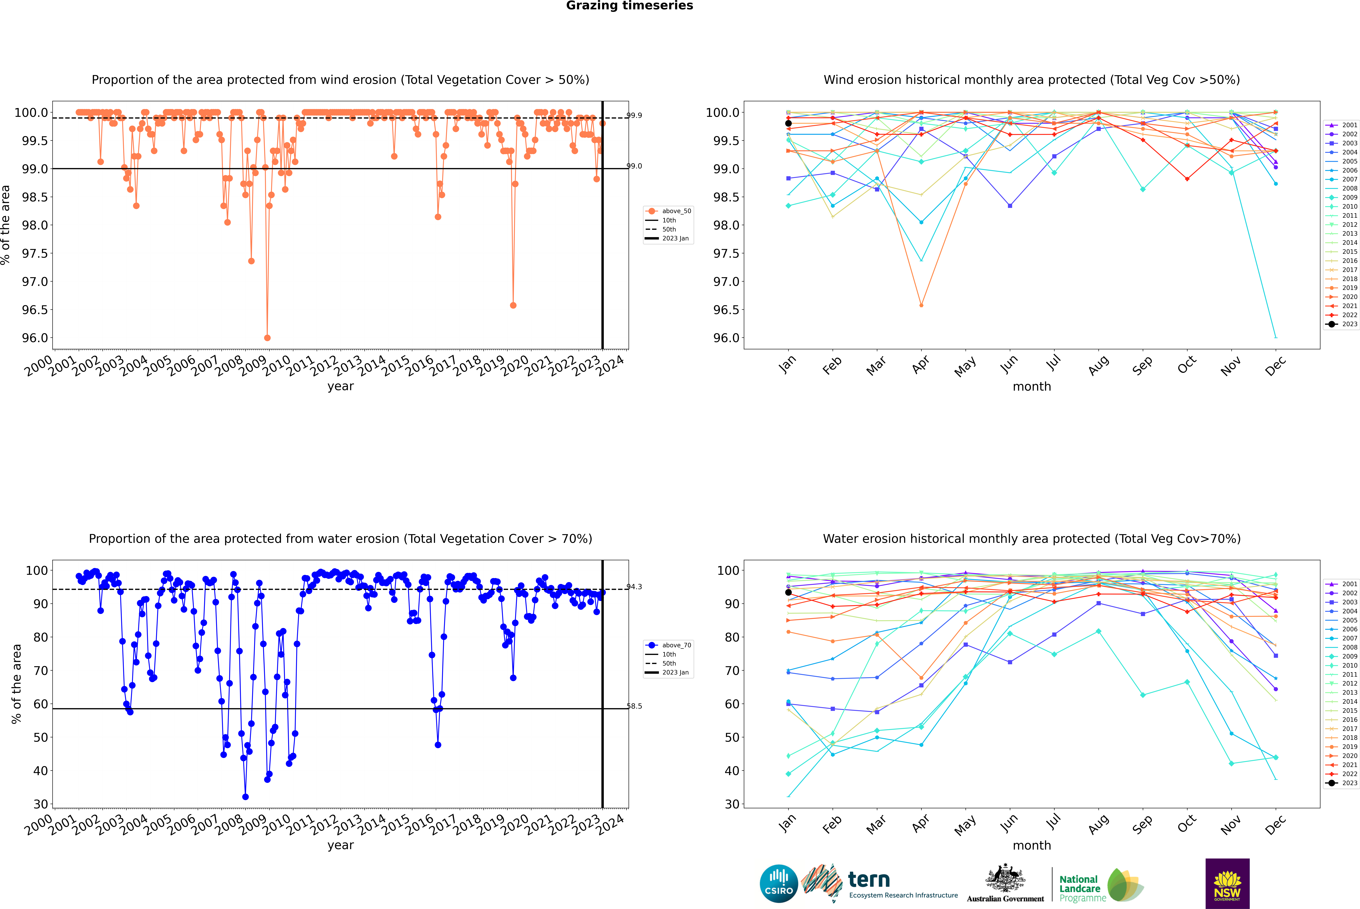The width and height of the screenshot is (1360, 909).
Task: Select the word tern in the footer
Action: coord(868,880)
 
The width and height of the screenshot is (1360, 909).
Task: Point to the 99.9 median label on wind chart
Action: coord(634,115)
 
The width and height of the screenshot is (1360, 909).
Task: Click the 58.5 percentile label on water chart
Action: coord(634,706)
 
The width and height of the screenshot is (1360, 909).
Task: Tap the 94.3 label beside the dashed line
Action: coord(634,587)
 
